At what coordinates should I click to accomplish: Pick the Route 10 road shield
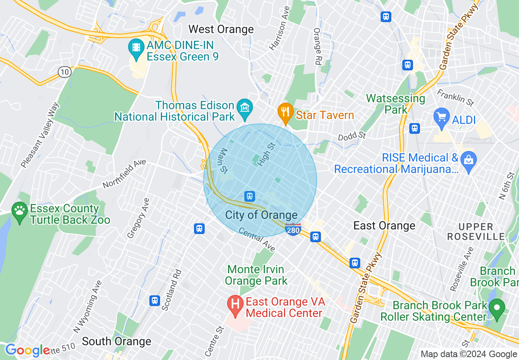[x=64, y=72]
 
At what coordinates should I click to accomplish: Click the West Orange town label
[x=221, y=29]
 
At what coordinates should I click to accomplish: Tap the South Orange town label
[x=117, y=342]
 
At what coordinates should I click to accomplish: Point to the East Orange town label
[x=384, y=226]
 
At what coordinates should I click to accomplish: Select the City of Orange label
[x=261, y=215]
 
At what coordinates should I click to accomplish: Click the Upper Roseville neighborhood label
[x=476, y=232]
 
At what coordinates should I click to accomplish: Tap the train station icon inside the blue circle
[x=249, y=196]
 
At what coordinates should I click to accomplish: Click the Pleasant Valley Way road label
[x=40, y=135]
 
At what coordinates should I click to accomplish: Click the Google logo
[x=27, y=350]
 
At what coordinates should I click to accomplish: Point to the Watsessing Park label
[x=395, y=104]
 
